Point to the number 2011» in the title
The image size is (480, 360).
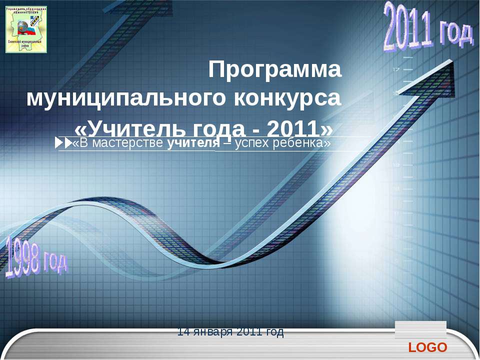click(300, 128)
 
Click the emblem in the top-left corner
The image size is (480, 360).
click(26, 29)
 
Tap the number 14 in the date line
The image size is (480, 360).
click(182, 331)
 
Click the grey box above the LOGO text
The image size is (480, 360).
click(420, 330)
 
